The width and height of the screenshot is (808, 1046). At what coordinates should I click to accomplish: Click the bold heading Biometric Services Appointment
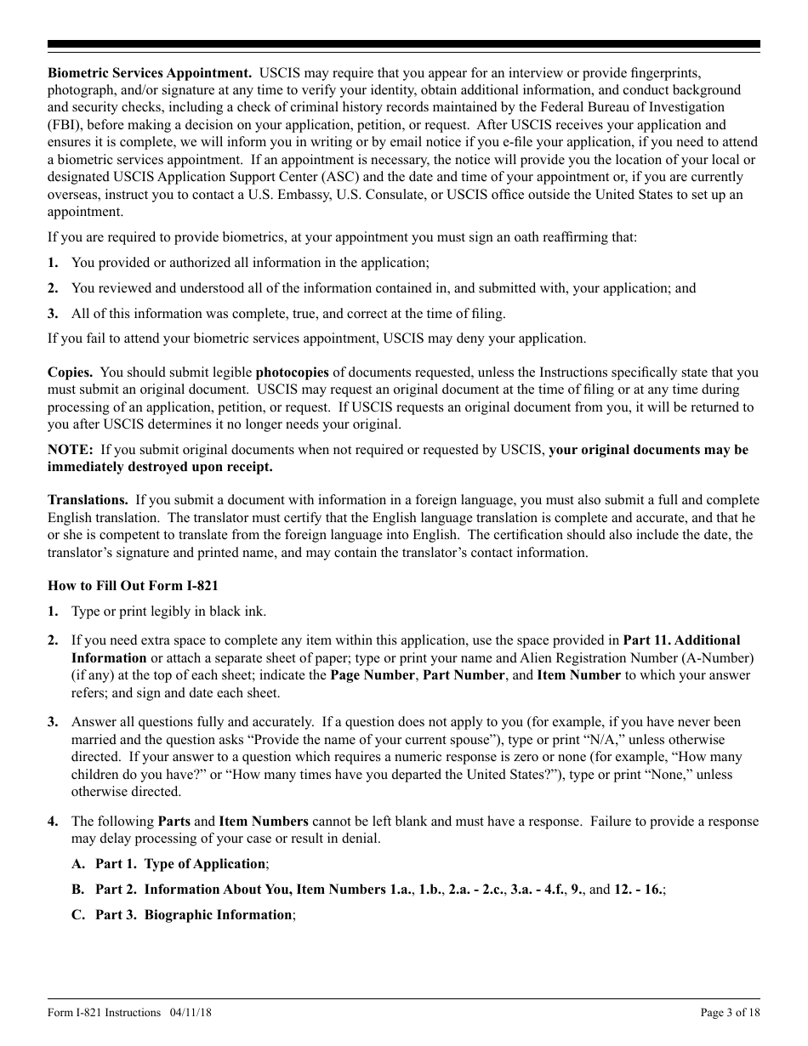(150, 72)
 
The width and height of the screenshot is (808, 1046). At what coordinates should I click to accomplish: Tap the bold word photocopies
(292, 372)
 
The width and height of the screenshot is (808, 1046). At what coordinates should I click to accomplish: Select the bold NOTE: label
(70, 450)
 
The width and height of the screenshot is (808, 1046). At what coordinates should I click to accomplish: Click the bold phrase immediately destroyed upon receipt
(161, 467)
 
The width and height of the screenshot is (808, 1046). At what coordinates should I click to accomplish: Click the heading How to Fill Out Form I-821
(134, 585)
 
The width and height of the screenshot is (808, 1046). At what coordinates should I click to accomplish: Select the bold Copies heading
(71, 372)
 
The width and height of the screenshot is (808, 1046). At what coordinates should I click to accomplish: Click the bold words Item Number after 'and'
(578, 675)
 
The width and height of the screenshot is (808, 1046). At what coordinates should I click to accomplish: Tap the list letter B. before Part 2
(78, 890)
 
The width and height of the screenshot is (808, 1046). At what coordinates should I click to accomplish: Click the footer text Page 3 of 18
(730, 1013)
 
